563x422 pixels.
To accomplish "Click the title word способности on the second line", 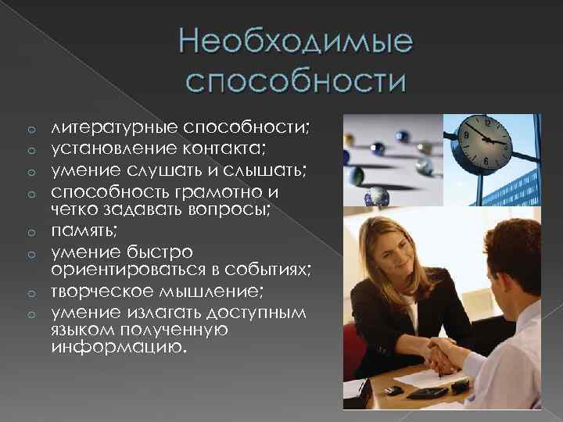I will pyautogui.click(x=296, y=80).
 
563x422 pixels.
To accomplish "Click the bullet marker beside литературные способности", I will pyautogui.click(x=33, y=127).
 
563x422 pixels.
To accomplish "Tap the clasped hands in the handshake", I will pyautogui.click(x=442, y=355).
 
